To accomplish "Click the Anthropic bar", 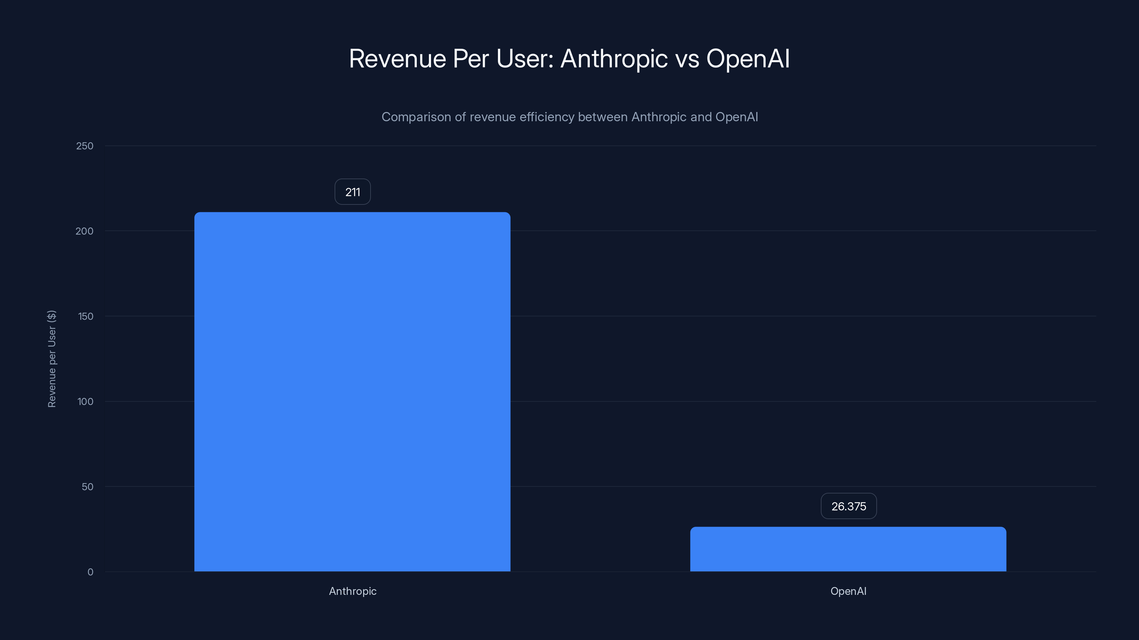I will (x=352, y=391).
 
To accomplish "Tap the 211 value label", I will (x=352, y=192).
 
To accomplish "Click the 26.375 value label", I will (x=849, y=506).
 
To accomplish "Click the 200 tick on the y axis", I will (x=84, y=231).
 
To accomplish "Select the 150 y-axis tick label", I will (x=85, y=316).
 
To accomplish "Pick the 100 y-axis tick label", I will (x=85, y=401).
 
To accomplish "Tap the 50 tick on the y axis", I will (x=88, y=487).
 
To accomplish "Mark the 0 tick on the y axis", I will (x=90, y=572).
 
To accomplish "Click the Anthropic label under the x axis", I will (x=352, y=591).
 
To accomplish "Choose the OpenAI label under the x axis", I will (x=848, y=591).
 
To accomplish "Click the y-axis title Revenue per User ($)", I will (x=52, y=359).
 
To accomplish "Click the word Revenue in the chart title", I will (x=398, y=59).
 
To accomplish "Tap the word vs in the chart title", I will (x=687, y=59).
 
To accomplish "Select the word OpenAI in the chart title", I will (x=748, y=59).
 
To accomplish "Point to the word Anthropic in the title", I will (x=614, y=59).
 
